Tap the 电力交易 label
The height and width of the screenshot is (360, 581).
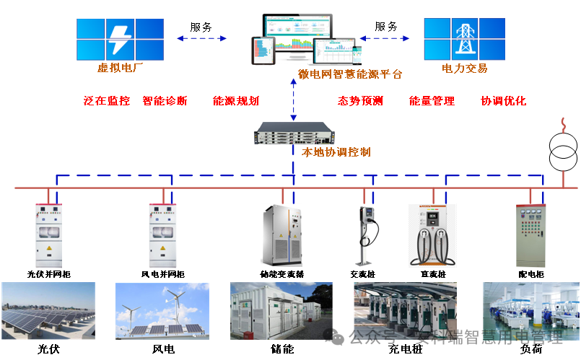pyautogui.click(x=465, y=69)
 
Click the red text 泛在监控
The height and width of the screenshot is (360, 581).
pyautogui.click(x=107, y=101)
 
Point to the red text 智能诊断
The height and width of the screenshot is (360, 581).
pyautogui.click(x=165, y=101)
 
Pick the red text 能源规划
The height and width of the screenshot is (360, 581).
pyautogui.click(x=236, y=101)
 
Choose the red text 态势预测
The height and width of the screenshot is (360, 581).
pyautogui.click(x=360, y=101)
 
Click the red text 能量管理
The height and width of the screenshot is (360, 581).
pyautogui.click(x=432, y=101)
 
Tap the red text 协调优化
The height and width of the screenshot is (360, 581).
pyautogui.click(x=504, y=101)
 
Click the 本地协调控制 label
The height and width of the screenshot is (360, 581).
pyautogui.click(x=336, y=152)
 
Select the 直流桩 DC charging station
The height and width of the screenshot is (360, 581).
pyautogui.click(x=433, y=235)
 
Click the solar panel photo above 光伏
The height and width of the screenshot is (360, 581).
pyautogui.click(x=48, y=311)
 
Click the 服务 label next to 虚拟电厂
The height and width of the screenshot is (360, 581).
pyautogui.click(x=201, y=27)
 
